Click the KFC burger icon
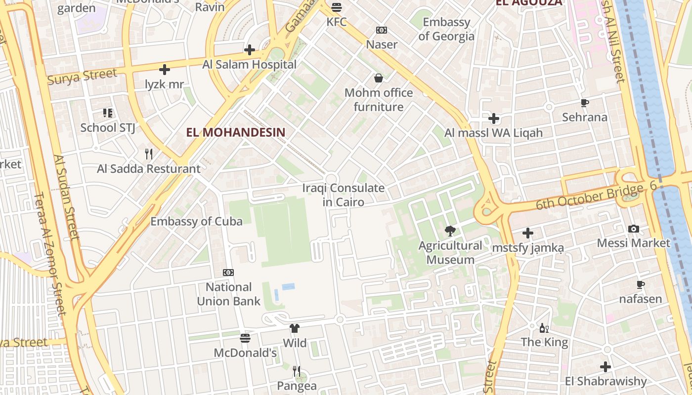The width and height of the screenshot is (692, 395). [x=337, y=7]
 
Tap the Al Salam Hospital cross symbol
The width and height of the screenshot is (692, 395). [x=250, y=50]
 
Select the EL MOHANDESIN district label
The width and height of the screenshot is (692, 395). [x=236, y=132]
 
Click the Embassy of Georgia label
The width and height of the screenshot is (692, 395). [x=446, y=29]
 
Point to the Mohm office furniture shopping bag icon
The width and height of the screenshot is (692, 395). [x=379, y=78]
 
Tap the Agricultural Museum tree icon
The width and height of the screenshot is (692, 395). [x=450, y=231]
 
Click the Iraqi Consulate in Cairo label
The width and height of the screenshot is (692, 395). [x=343, y=195]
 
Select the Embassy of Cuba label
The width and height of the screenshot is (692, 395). [x=196, y=221]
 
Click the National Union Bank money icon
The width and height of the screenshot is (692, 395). [x=228, y=273]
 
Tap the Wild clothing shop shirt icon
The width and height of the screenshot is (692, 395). [x=295, y=328]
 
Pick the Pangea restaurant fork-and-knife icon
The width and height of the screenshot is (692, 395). [x=297, y=370]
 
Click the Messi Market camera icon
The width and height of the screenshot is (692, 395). [x=633, y=229]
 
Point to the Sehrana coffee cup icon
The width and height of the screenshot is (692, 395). [x=585, y=103]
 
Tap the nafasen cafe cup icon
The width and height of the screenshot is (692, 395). [x=641, y=284]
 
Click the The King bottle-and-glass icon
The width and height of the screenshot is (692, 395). [x=544, y=328]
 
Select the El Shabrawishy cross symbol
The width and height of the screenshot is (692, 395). [x=605, y=367]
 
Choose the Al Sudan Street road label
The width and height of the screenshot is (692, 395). [x=67, y=197]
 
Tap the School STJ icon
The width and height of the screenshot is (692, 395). [x=108, y=113]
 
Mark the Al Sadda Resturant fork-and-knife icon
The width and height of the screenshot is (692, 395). [x=149, y=154]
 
